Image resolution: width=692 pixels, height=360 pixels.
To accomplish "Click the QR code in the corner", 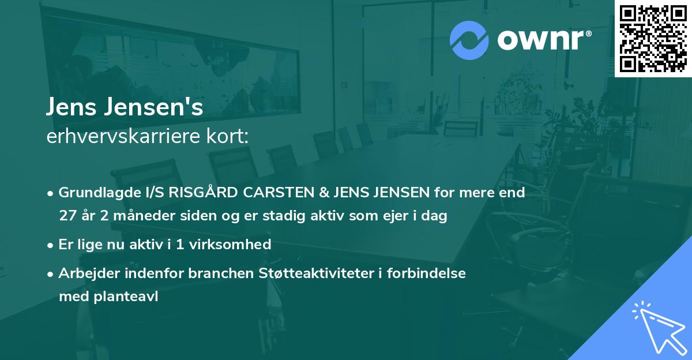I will [x=653, y=39].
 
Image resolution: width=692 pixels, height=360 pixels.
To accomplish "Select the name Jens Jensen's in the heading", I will [x=125, y=107].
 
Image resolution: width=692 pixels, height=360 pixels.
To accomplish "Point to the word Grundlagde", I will [x=96, y=193].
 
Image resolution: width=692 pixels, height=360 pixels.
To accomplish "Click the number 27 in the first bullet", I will [x=68, y=216].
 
